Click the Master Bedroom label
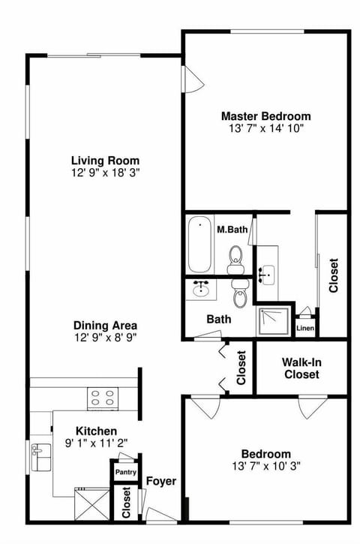pyautogui.click(x=265, y=116)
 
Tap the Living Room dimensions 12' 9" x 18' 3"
pyautogui.click(x=105, y=173)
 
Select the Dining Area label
pyautogui.click(x=105, y=326)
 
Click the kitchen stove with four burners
pyautogui.click(x=103, y=397)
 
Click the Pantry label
pyautogui.click(x=124, y=473)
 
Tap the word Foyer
pyautogui.click(x=160, y=481)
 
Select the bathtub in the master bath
pyautogui.click(x=199, y=245)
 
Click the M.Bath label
pyautogui.click(x=232, y=229)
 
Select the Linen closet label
pyautogui.click(x=305, y=328)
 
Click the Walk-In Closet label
pyautogui.click(x=301, y=368)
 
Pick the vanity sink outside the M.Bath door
pyautogui.click(x=266, y=274)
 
